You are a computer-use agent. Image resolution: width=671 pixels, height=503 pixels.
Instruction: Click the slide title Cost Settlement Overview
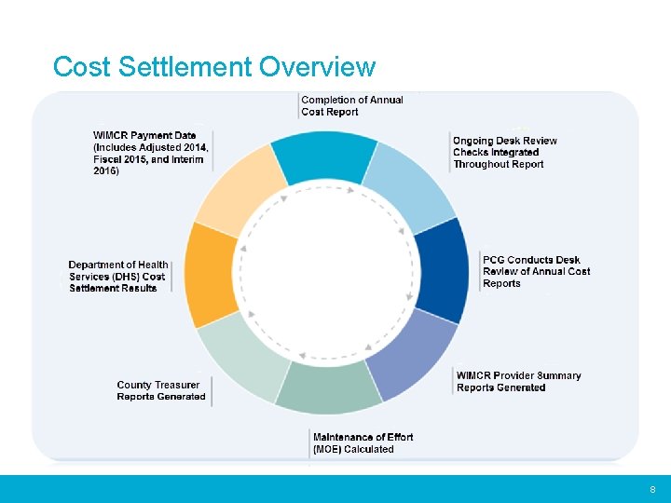(214, 67)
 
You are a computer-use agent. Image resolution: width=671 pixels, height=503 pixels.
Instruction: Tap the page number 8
(652, 490)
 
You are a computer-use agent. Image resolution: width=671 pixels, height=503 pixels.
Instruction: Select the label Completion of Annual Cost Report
(352, 106)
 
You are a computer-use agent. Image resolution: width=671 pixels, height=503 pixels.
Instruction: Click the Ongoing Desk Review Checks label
(504, 153)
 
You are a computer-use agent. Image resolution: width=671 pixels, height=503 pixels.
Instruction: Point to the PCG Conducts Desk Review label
(536, 272)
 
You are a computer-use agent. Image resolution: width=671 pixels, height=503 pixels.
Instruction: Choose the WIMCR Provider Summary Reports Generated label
(518, 382)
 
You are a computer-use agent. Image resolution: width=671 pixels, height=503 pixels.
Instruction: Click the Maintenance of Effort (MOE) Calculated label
(363, 443)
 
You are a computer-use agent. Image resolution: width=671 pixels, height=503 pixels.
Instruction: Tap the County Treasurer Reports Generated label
(161, 391)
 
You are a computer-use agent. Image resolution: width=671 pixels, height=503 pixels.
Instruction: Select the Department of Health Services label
(117, 277)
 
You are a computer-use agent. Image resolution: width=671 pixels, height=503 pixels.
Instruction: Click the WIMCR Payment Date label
(151, 154)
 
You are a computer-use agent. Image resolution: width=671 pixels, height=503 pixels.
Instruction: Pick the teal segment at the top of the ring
(324, 158)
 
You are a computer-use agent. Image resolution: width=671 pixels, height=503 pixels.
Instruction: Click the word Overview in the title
(317, 67)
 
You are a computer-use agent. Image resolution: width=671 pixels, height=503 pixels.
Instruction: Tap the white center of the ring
(326, 272)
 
